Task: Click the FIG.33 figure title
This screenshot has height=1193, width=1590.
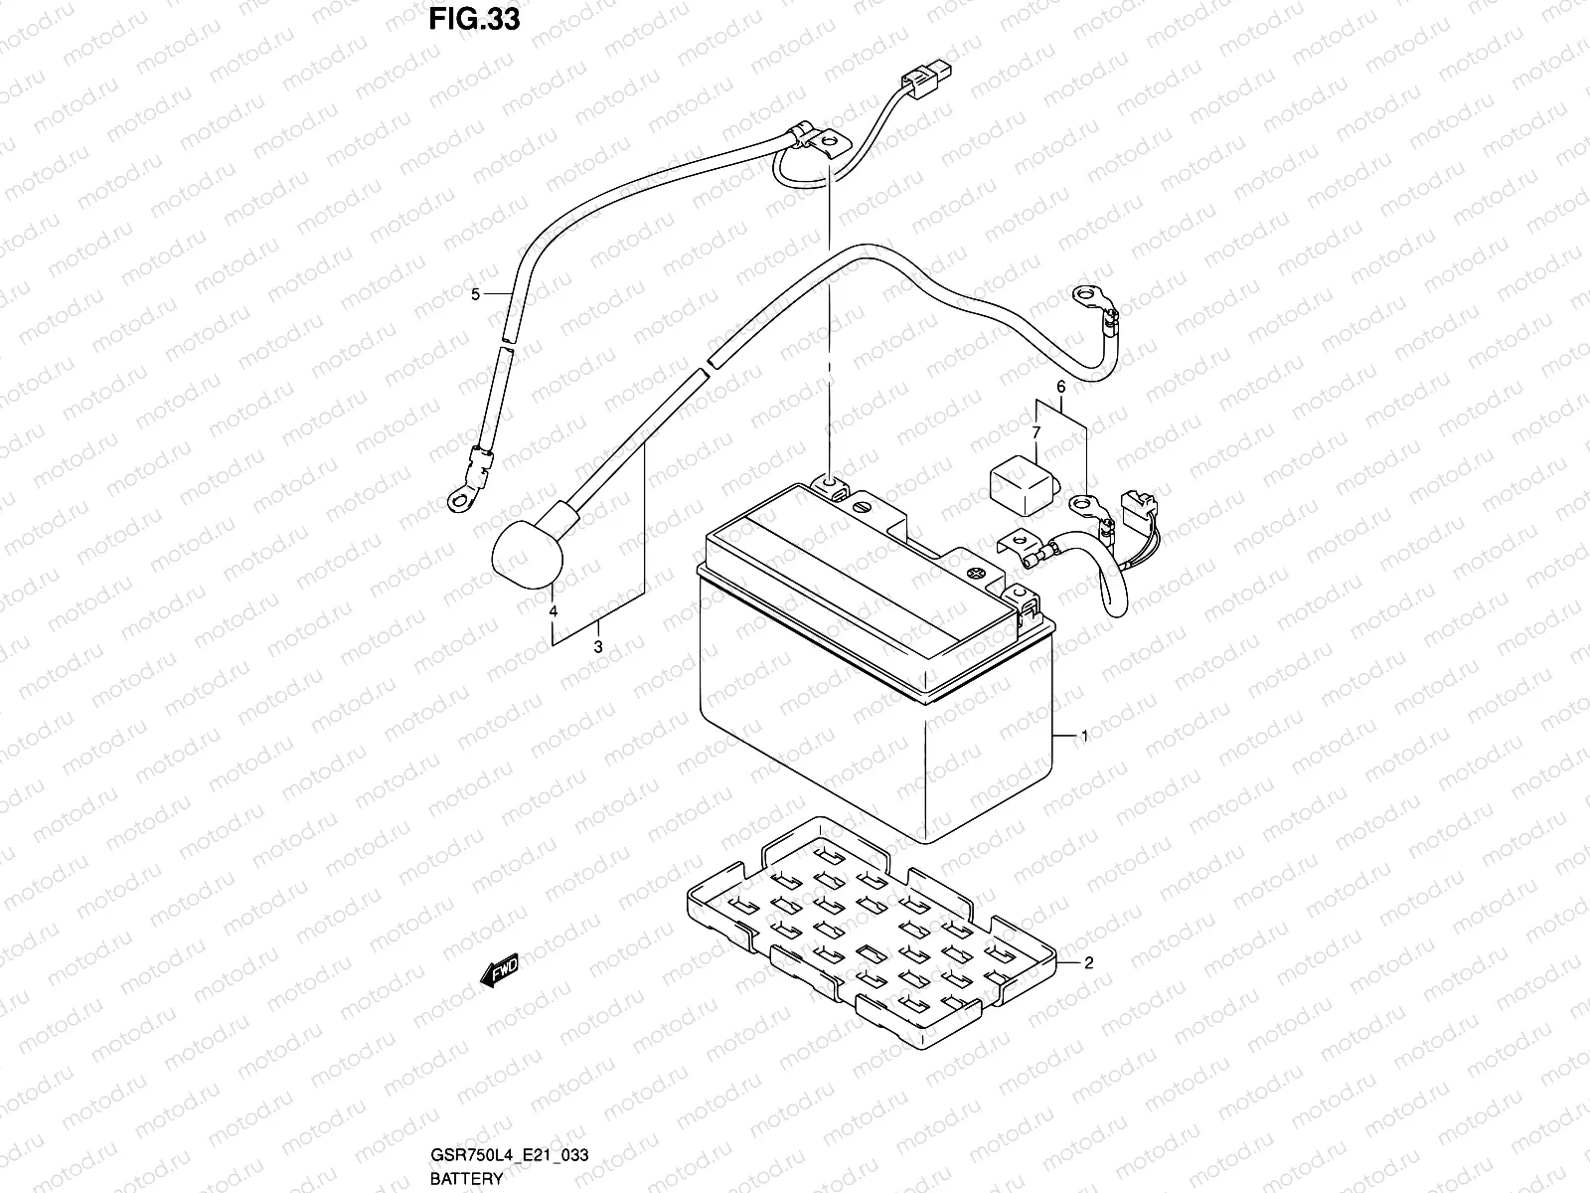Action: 475,20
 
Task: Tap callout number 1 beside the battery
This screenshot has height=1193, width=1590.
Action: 1084,737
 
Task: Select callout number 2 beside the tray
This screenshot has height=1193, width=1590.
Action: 1088,962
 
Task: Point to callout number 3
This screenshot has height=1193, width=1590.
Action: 598,647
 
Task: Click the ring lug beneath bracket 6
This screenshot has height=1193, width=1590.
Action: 1085,508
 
